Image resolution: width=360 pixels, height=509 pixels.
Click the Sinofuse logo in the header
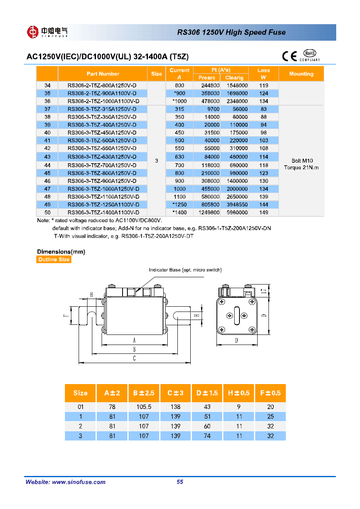coord(47,32)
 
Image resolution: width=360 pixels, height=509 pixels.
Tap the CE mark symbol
coord(289,56)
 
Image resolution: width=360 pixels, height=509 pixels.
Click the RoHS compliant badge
coord(310,56)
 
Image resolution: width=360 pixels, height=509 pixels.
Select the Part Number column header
coord(103,74)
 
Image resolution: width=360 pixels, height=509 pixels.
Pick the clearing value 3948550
coord(234,204)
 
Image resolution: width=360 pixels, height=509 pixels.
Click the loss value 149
coord(264,212)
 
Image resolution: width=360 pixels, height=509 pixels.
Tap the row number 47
coord(47,189)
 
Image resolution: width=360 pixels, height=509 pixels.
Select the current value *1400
coord(179,212)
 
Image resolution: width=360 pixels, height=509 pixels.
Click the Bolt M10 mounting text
coord(301,161)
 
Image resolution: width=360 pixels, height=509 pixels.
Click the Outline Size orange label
coord(54,260)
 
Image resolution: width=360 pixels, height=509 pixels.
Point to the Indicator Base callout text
coord(185,270)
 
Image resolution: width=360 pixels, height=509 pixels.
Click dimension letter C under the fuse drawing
coord(134,358)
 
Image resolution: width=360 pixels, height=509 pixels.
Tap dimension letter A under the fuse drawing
coord(134,341)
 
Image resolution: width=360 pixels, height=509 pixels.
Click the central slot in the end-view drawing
coord(236,316)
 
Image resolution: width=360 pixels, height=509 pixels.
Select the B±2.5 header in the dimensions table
coord(144,393)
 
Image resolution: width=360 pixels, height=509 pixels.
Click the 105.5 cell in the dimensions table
coord(144,407)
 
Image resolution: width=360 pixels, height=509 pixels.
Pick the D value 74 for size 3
coord(207,436)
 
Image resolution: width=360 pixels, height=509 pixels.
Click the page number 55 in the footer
coord(180,482)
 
